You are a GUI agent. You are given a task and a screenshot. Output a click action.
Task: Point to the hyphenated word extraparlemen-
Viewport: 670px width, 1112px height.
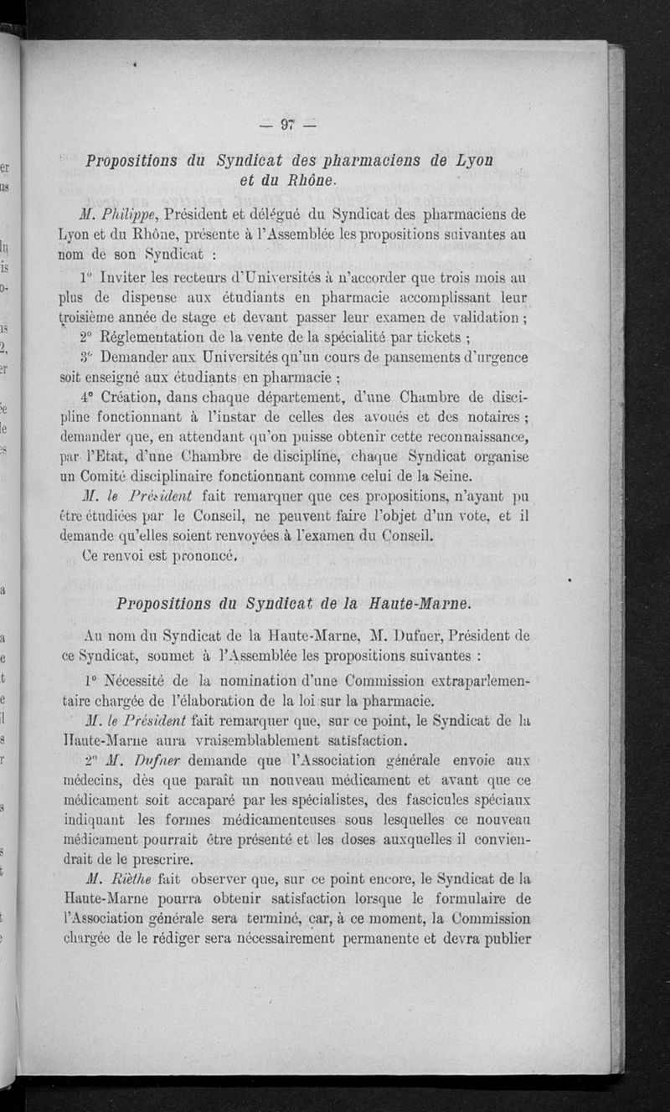point(477,682)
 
